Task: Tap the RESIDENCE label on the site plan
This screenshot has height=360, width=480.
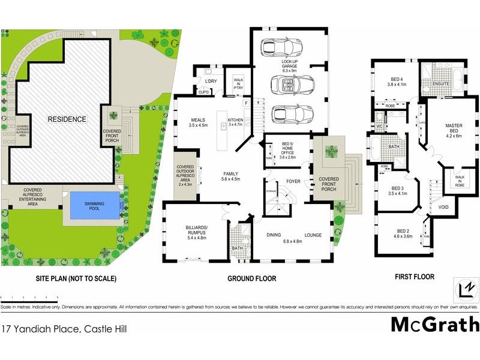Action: tap(67, 119)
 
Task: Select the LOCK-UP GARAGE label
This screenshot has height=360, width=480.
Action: tap(290, 64)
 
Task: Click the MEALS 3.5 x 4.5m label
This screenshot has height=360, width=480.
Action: tap(197, 122)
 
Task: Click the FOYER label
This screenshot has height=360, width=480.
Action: tap(293, 181)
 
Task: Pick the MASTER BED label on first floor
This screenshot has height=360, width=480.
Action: tap(453, 131)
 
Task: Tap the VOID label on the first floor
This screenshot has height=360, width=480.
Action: tap(443, 207)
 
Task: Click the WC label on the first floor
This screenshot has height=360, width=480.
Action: tap(379, 127)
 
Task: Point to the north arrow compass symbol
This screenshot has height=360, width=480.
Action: tap(465, 289)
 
